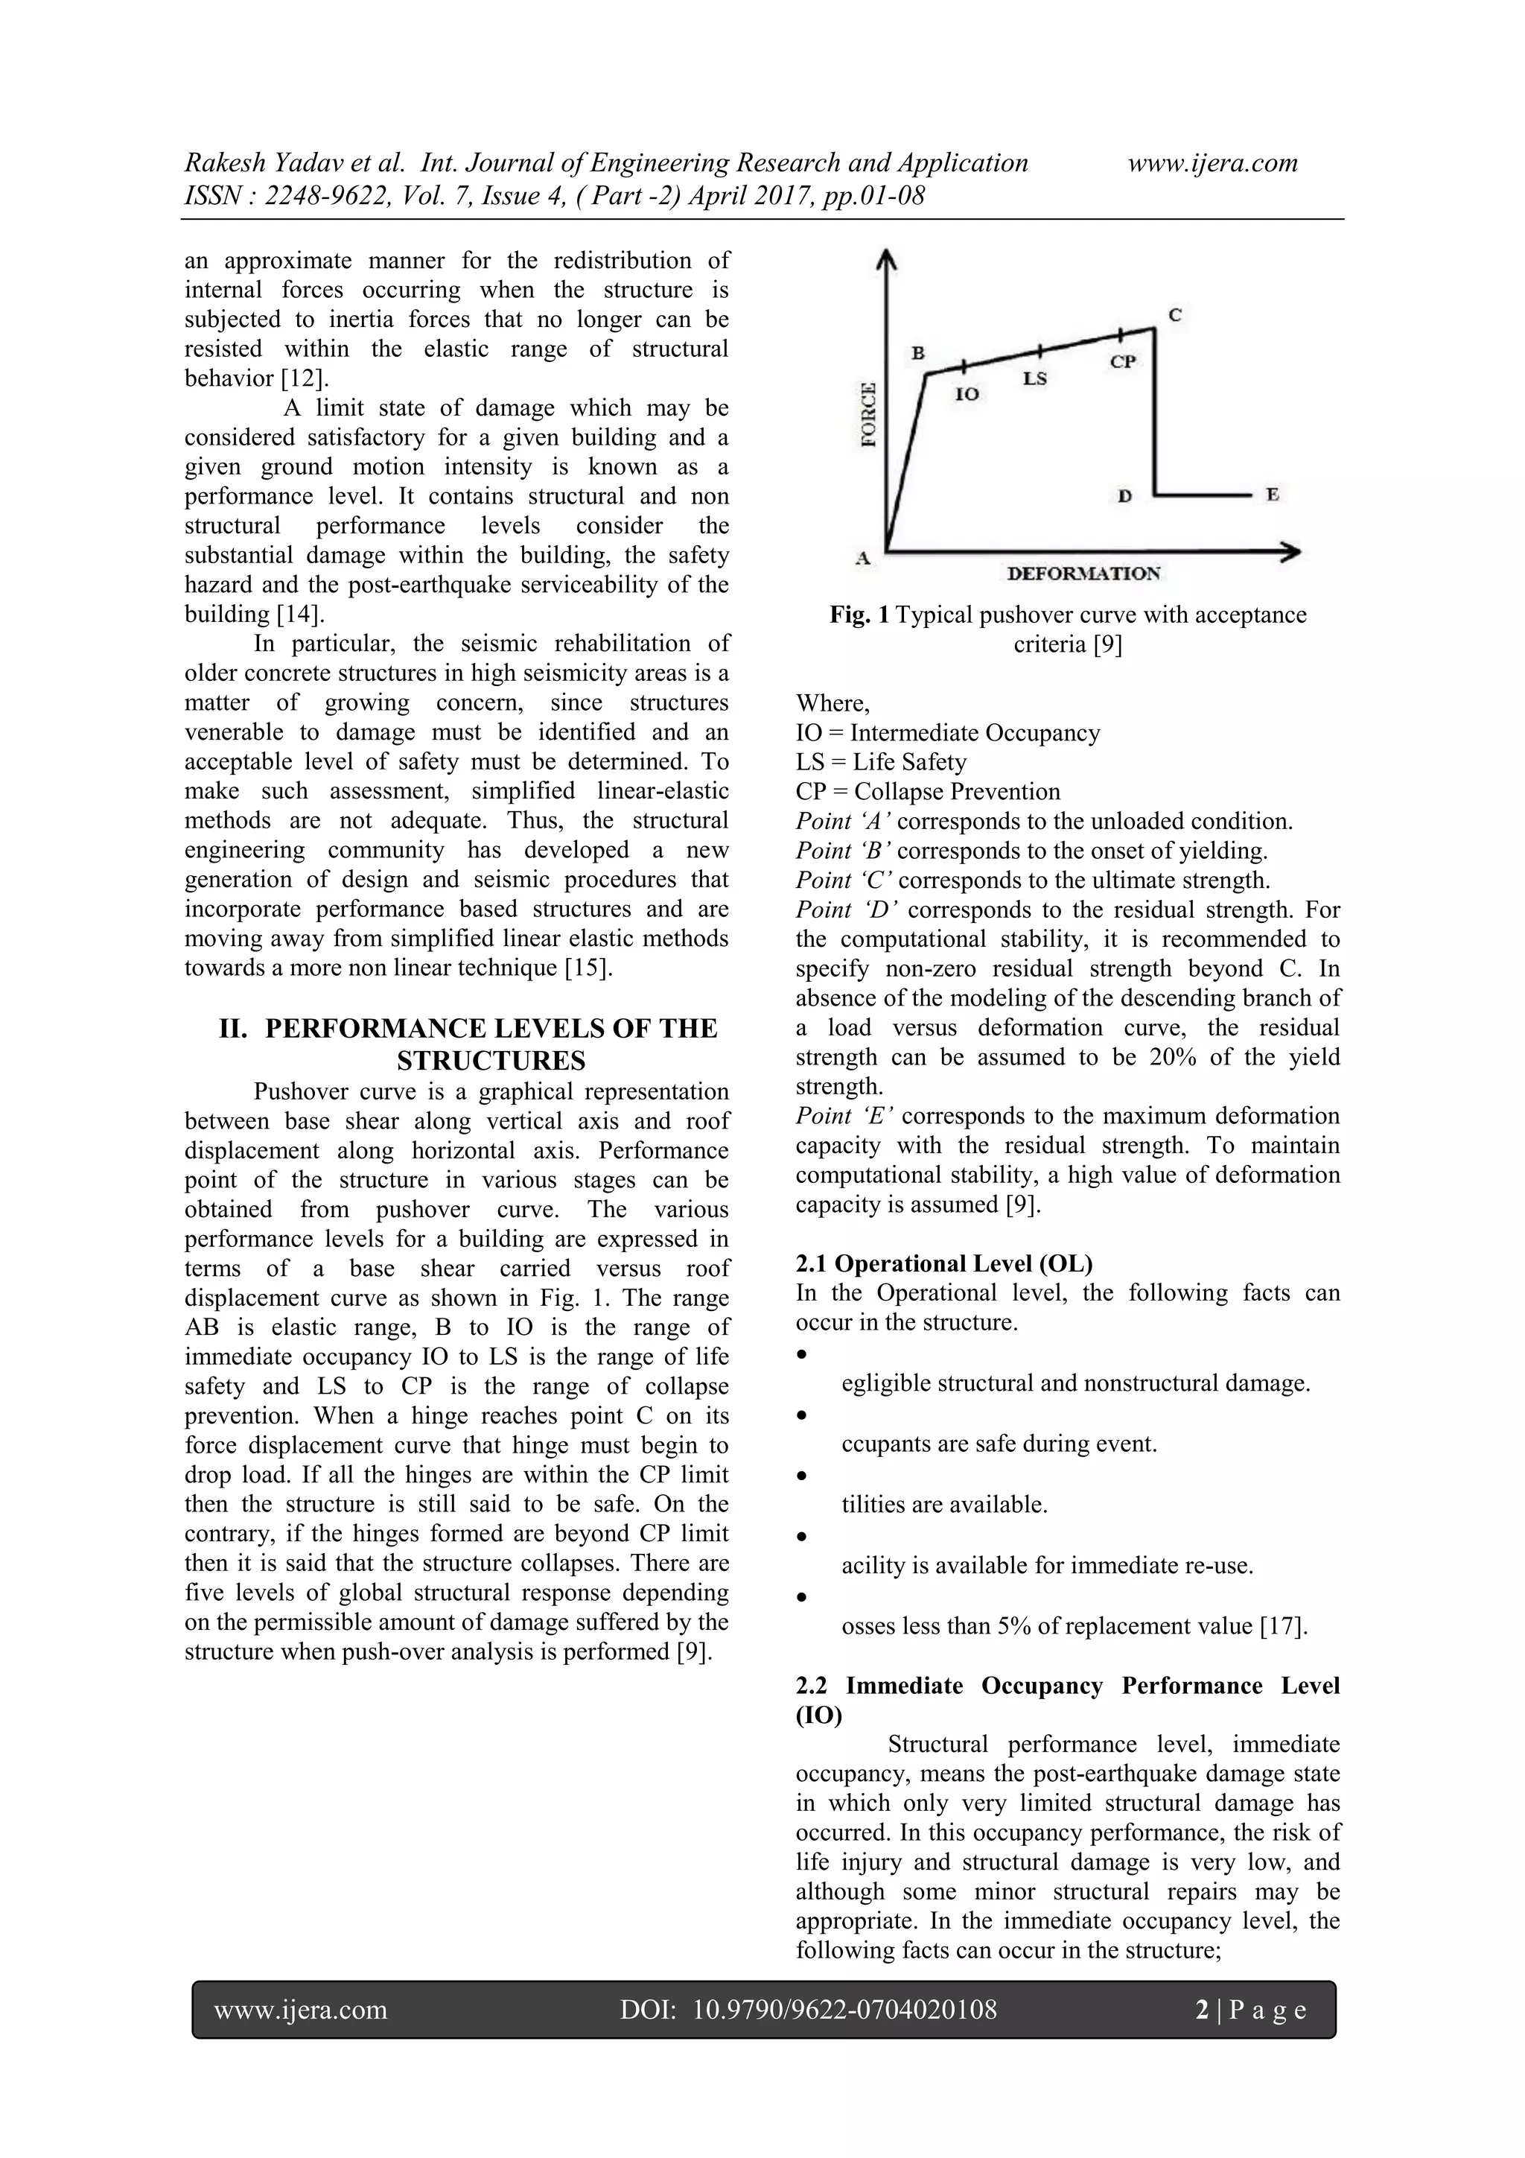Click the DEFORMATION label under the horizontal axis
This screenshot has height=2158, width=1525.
(x=1083, y=574)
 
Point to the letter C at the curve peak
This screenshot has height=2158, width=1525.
(x=1174, y=316)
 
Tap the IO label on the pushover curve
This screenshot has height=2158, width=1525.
(x=967, y=395)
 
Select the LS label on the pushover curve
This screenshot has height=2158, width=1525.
(x=1034, y=378)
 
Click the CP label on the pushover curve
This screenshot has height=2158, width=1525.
(x=1123, y=361)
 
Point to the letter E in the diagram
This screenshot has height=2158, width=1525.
(x=1273, y=495)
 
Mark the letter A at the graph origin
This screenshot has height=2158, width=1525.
(x=862, y=558)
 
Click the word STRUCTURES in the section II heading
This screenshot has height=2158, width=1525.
(x=491, y=1061)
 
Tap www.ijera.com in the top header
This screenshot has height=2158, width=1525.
(x=1212, y=162)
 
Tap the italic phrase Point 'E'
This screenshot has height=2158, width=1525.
(x=844, y=1116)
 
